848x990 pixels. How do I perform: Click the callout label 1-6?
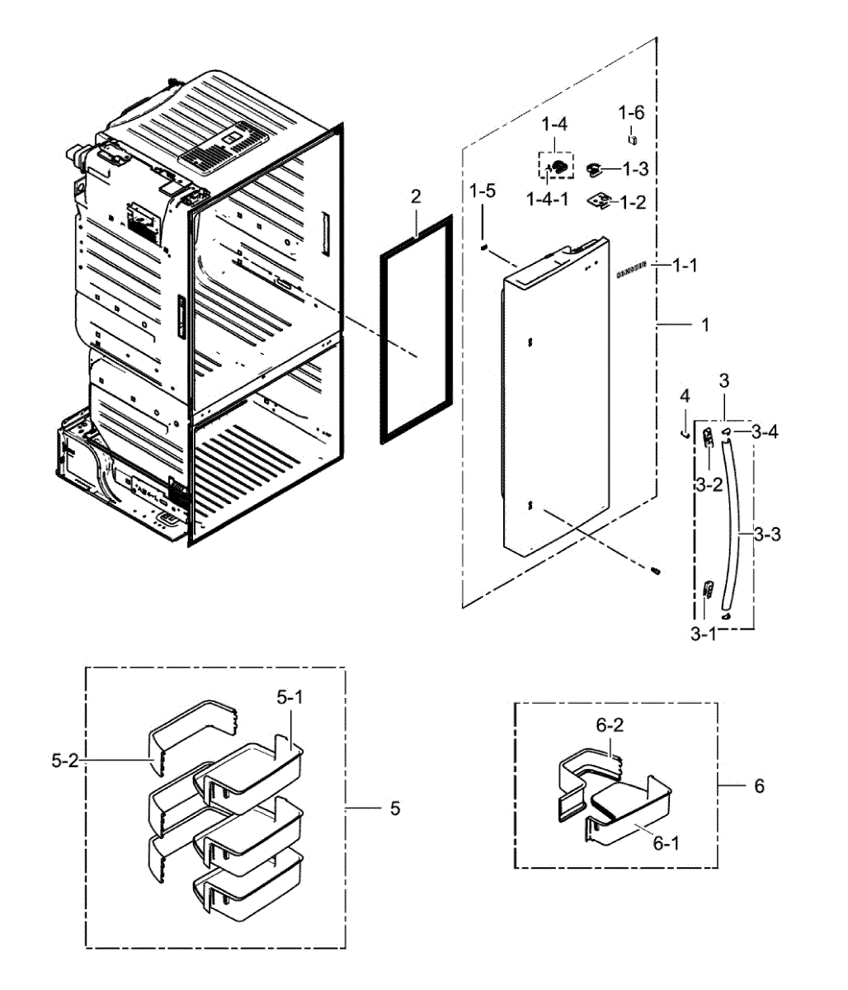coord(633,111)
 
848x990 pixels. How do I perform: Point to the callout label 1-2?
coord(633,202)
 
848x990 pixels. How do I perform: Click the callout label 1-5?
coord(483,191)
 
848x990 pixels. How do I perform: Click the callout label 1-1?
coord(685,265)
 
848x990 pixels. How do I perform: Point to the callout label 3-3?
coord(767,535)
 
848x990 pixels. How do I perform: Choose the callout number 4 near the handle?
coord(684,398)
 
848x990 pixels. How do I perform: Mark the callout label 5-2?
coord(64,760)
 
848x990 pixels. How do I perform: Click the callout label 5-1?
coord(290,698)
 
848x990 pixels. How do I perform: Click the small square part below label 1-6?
coord(633,137)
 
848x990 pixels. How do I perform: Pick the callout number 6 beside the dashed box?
coord(759,785)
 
